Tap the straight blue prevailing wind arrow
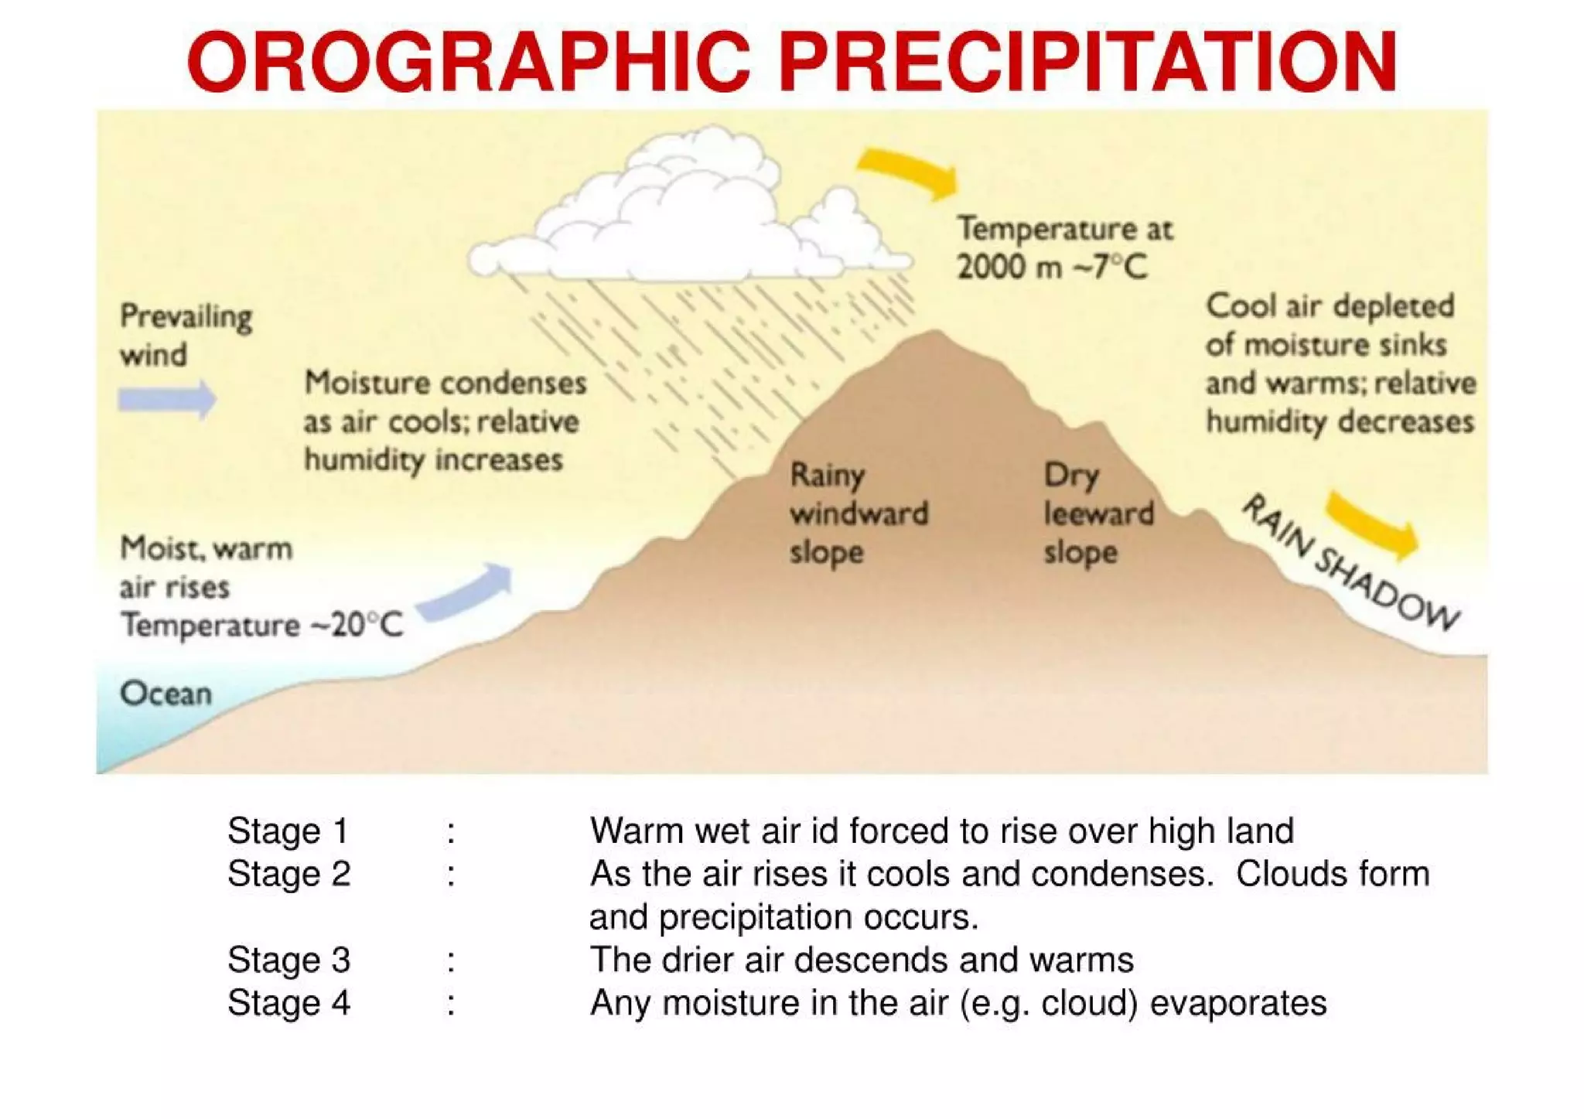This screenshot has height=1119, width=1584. [167, 399]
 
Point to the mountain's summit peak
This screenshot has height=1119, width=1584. [935, 336]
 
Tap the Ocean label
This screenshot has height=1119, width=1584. [166, 694]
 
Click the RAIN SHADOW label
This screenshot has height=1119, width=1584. [1350, 563]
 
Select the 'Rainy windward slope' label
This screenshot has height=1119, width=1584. [858, 513]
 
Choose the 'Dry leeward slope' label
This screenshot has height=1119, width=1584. [1098, 513]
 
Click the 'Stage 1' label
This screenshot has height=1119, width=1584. [288, 831]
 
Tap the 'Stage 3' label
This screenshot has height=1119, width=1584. [288, 960]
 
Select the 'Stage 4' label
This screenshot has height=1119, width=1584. [288, 1004]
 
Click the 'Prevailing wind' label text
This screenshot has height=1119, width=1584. [186, 336]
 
